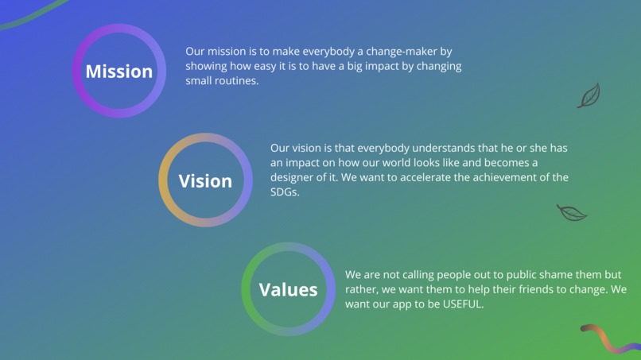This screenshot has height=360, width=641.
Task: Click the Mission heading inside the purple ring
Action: pyautogui.click(x=119, y=72)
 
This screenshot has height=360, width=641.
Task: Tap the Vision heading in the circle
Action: pyautogui.click(x=205, y=181)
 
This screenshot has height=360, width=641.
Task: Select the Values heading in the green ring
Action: pyautogui.click(x=288, y=290)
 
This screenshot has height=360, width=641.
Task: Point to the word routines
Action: pyautogui.click(x=236, y=80)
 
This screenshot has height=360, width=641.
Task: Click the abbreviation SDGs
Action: pyautogui.click(x=284, y=192)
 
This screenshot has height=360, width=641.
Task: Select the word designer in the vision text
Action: pyautogui.click(x=295, y=177)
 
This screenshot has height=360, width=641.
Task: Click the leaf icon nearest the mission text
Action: pyautogui.click(x=589, y=96)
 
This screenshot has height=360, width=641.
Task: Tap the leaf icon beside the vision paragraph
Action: pyautogui.click(x=571, y=212)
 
